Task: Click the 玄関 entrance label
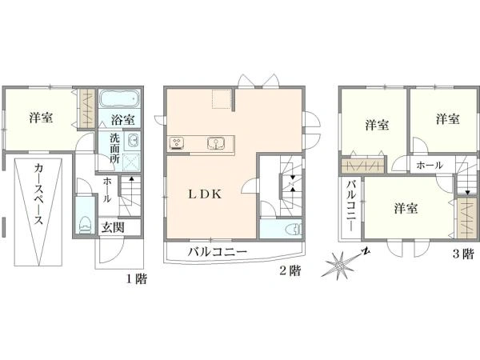[x=113, y=227]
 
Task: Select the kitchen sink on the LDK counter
[x=215, y=143]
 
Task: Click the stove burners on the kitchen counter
[x=178, y=143]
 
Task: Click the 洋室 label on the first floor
[x=42, y=118]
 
